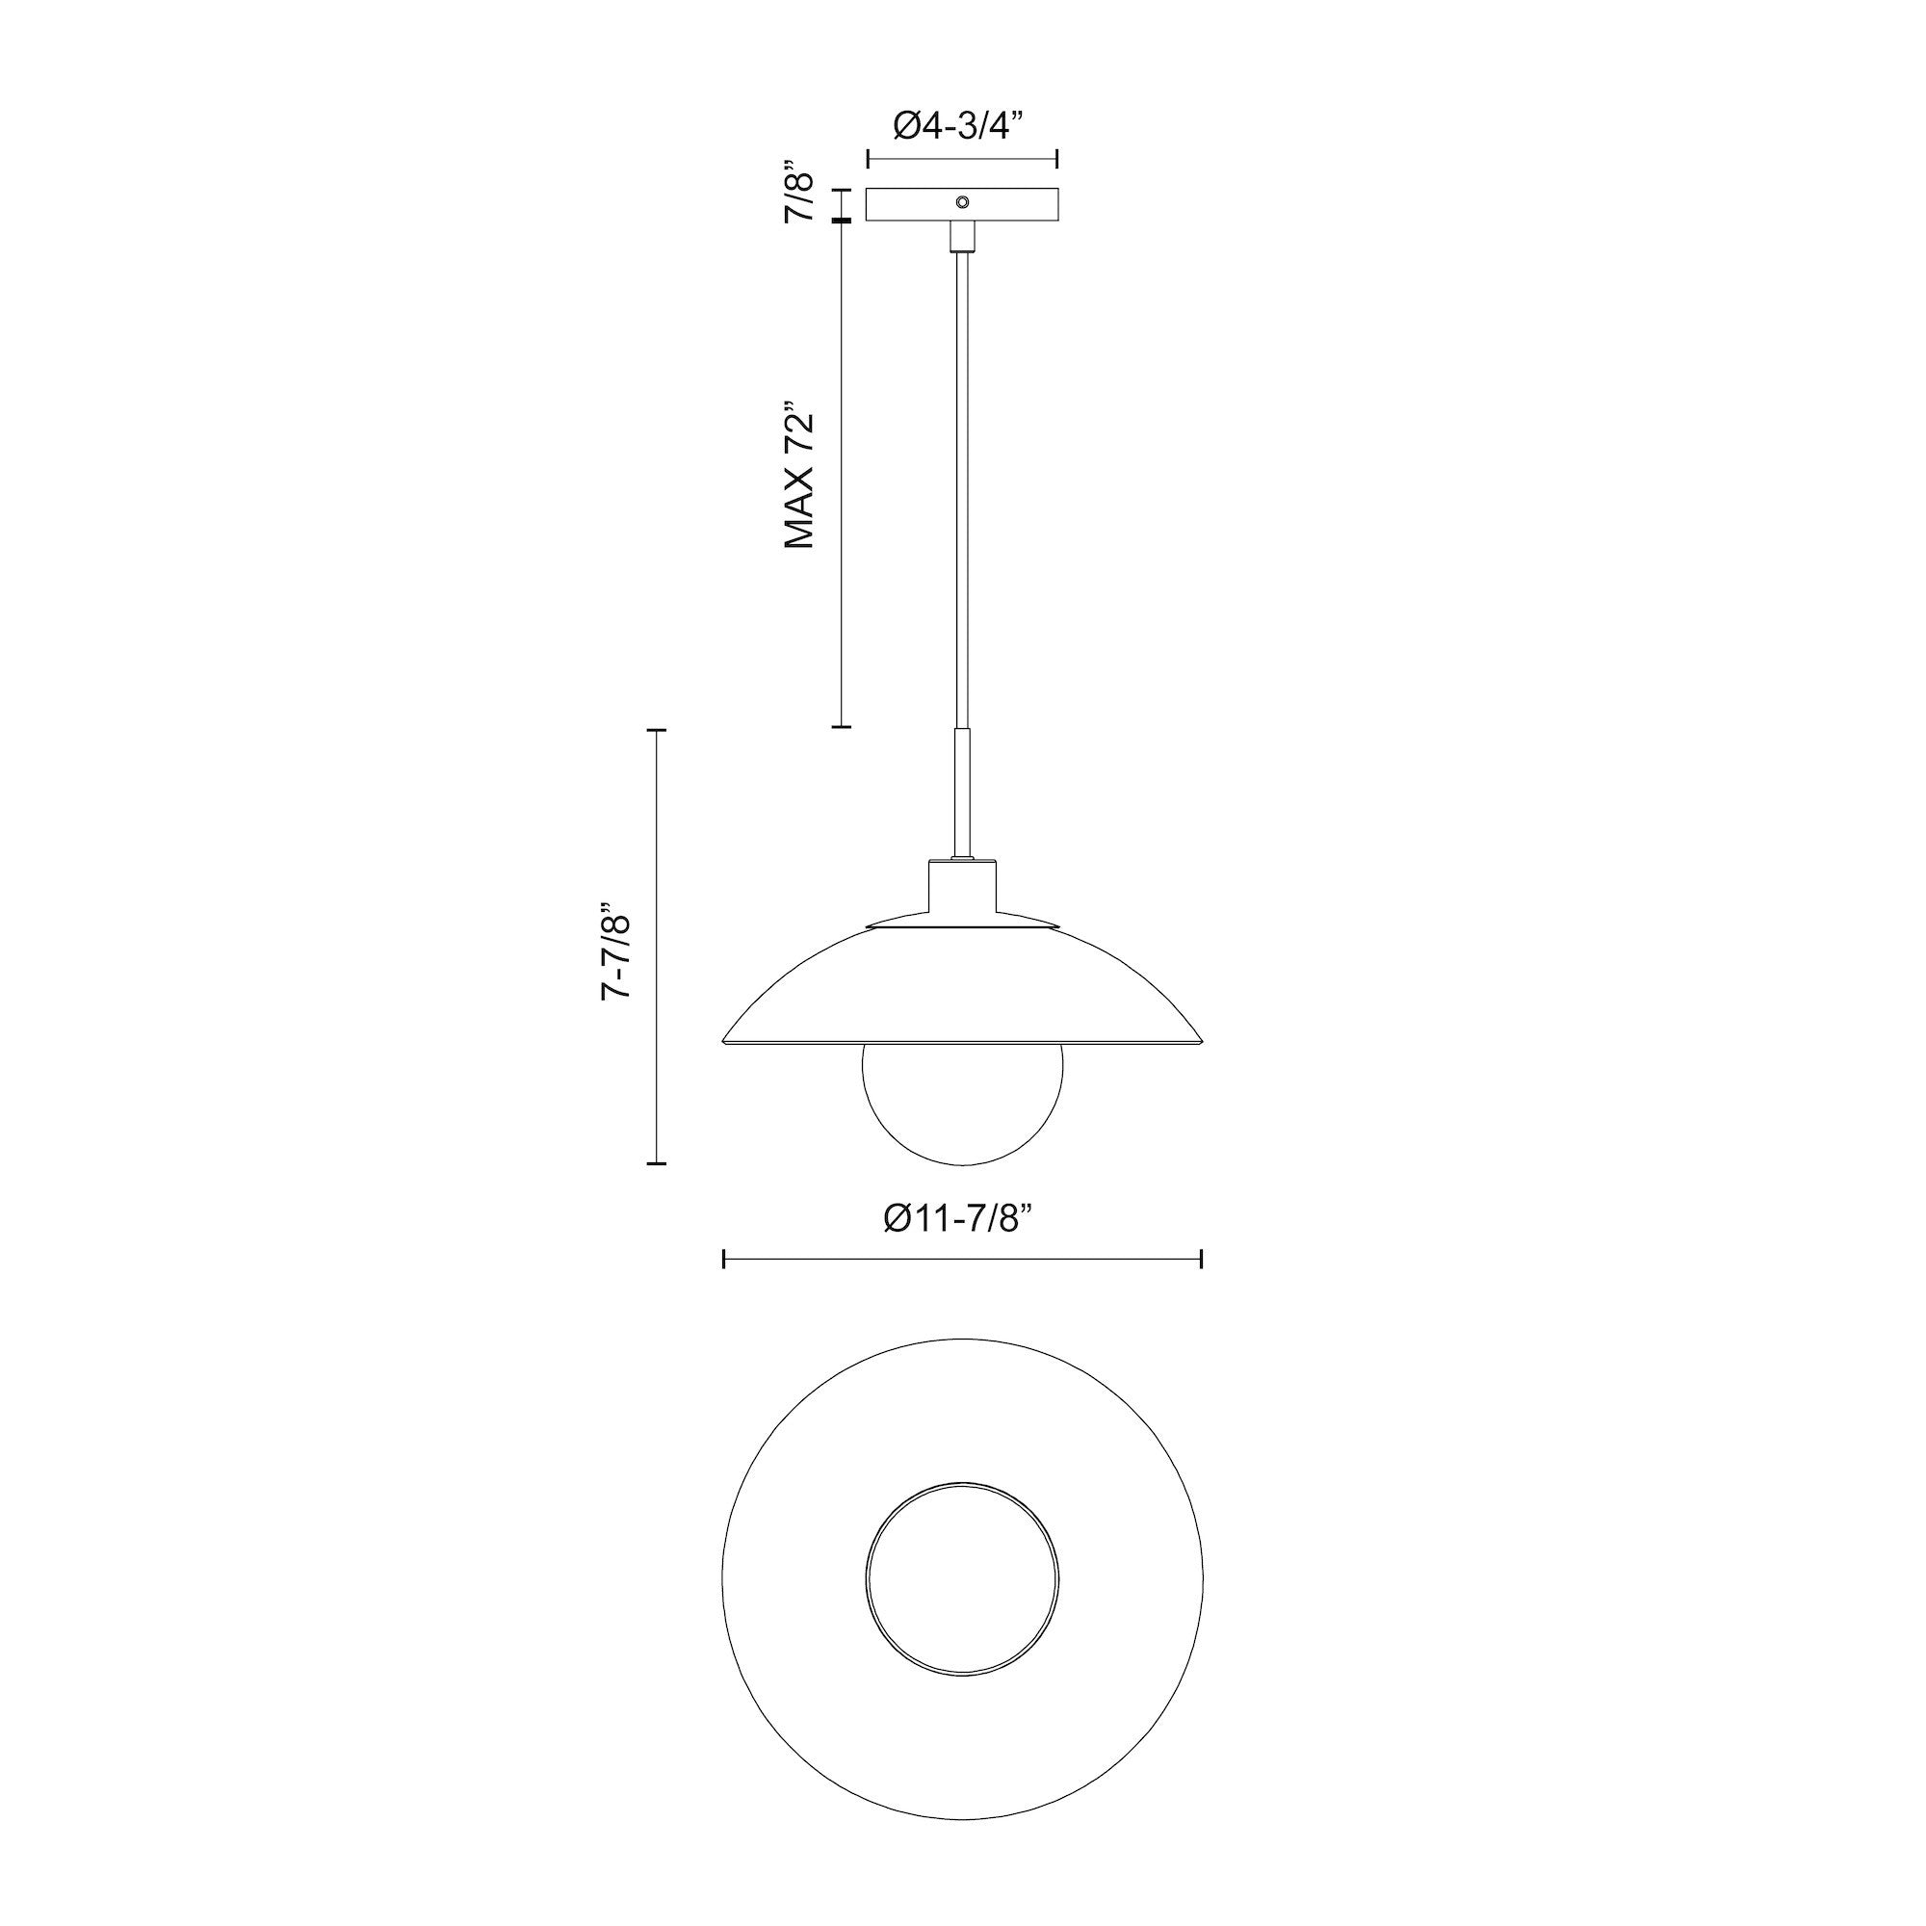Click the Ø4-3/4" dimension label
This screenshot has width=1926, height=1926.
(960, 126)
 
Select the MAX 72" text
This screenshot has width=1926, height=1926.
(800, 476)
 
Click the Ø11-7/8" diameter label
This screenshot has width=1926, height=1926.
(959, 1218)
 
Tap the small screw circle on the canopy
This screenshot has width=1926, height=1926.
(962, 201)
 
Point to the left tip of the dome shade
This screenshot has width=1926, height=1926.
(724, 1043)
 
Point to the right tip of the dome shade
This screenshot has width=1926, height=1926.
(1201, 1043)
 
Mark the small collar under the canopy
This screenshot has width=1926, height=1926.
(962, 237)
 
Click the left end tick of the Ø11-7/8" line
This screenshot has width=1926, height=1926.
(724, 1259)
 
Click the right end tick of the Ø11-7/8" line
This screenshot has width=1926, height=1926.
(1201, 1259)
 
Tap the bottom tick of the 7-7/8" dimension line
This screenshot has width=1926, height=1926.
(656, 1162)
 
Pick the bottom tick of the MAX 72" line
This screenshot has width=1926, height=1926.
(842, 727)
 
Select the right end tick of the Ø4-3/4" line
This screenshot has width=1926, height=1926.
(1056, 159)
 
